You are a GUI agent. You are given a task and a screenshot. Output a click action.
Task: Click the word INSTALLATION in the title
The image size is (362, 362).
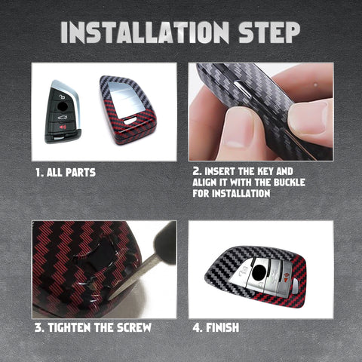[x=145, y=32]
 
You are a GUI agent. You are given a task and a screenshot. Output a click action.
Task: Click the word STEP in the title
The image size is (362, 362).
[x=269, y=32]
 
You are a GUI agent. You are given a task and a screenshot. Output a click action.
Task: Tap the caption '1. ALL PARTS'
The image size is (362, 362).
[x=66, y=173]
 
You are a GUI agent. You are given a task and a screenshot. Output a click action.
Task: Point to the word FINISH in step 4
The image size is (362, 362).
[x=222, y=327]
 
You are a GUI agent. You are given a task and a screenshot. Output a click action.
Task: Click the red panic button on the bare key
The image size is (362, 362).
[x=63, y=127]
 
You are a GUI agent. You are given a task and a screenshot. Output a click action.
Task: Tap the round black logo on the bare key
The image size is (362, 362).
[x=62, y=106]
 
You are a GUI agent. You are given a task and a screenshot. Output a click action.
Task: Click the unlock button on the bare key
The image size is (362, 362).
[x=62, y=97]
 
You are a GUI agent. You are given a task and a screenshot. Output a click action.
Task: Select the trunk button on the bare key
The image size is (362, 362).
[x=62, y=117]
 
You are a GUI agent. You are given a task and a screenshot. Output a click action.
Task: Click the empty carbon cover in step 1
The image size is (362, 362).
[x=128, y=110]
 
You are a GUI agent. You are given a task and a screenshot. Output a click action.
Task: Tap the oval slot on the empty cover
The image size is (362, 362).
[x=130, y=121]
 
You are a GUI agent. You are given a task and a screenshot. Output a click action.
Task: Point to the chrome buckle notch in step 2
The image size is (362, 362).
[x=242, y=88]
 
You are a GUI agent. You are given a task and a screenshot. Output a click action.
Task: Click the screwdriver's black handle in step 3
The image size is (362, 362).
[x=165, y=243]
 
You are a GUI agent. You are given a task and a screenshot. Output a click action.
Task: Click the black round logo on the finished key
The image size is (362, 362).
[x=259, y=273]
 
